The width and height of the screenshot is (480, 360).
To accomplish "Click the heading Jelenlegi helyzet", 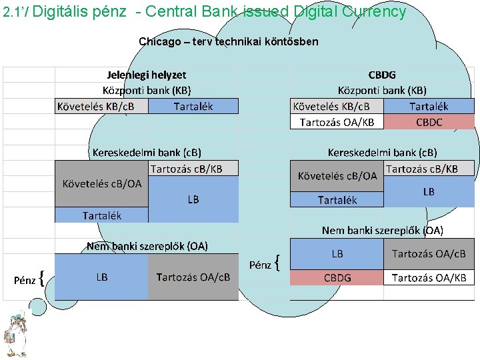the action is click(x=147, y=75).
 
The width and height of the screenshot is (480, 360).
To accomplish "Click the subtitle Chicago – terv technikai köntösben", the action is click(x=229, y=41).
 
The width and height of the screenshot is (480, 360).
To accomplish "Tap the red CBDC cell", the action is click(x=429, y=122).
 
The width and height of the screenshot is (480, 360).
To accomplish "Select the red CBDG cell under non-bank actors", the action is click(x=337, y=277).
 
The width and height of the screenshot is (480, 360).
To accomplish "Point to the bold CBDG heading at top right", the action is click(x=382, y=75).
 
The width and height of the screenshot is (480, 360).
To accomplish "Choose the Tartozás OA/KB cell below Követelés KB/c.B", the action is click(x=337, y=122).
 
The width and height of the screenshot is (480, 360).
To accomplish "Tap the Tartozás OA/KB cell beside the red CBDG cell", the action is click(x=429, y=277).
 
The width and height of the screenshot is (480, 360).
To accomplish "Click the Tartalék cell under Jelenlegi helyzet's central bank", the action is click(x=193, y=106).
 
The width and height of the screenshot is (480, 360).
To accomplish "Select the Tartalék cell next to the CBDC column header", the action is click(x=429, y=107).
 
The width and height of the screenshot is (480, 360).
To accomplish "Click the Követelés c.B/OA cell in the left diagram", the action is click(x=101, y=184).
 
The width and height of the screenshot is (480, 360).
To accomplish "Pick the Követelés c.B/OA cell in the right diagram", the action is click(x=337, y=176).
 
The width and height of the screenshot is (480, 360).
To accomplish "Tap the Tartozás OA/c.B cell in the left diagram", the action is click(x=193, y=277).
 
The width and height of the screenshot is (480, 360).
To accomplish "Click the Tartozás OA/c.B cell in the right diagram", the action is click(x=429, y=254).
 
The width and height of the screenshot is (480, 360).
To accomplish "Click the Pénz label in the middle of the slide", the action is click(x=260, y=265).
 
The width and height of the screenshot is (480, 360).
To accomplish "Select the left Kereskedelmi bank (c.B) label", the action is click(x=147, y=152).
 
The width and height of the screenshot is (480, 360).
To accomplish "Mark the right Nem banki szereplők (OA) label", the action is click(x=382, y=230).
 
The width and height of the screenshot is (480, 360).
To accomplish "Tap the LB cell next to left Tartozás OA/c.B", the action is click(x=101, y=277).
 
